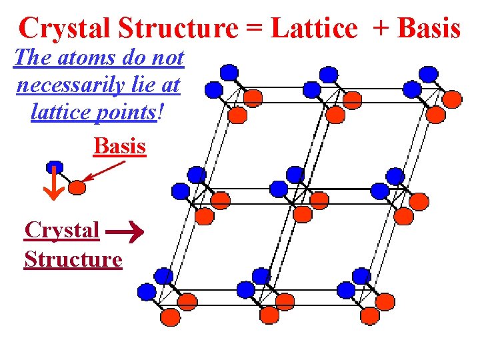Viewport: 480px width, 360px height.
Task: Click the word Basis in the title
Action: point(429,28)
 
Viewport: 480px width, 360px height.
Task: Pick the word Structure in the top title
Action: point(179,28)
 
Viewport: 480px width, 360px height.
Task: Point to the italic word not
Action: point(167,58)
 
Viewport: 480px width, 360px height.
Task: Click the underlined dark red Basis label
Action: point(120,145)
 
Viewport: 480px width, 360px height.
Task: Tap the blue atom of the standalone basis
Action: point(55,167)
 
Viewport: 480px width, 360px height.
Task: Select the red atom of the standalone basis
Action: point(77,187)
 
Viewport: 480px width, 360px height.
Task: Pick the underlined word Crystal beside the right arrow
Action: point(62,230)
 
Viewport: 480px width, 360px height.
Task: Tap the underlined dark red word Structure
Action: point(73,259)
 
